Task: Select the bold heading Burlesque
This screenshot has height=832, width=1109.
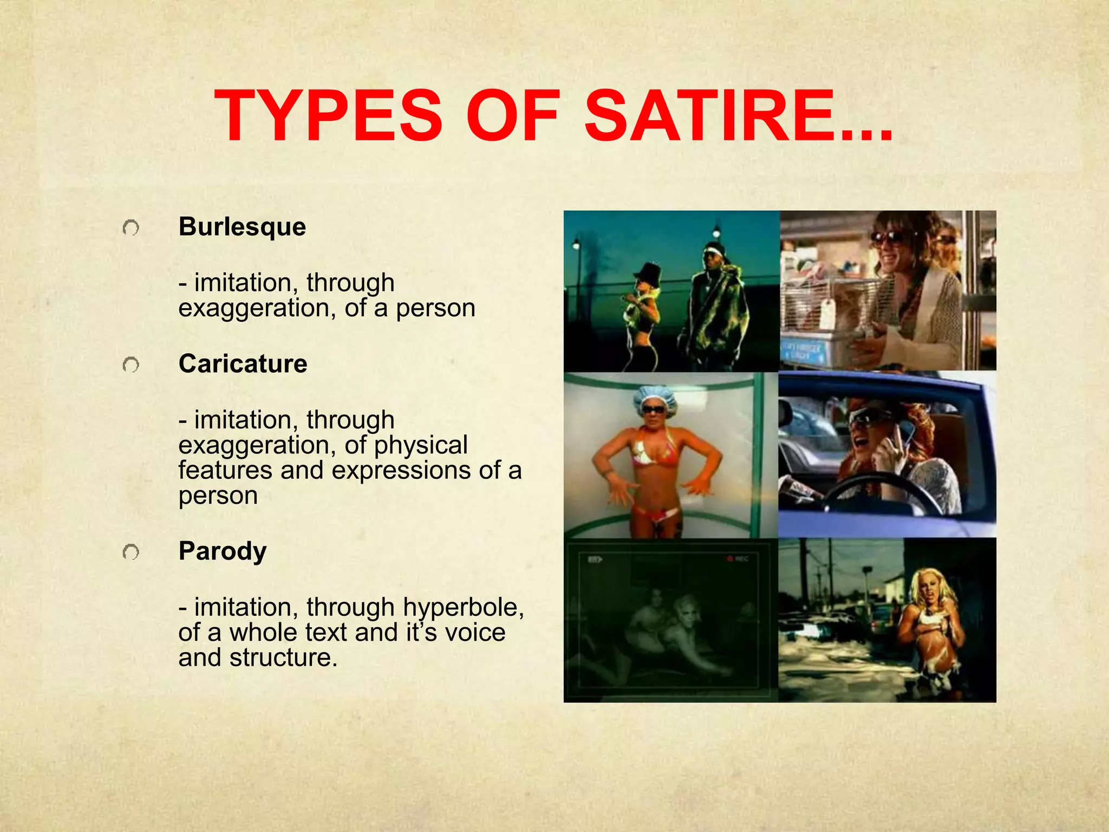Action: (x=242, y=226)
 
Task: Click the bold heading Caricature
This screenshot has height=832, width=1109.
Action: (x=243, y=363)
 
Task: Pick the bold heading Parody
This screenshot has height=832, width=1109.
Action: (x=223, y=551)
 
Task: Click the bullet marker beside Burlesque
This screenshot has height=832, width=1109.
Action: (x=131, y=228)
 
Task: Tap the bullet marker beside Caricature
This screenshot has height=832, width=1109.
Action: (x=131, y=366)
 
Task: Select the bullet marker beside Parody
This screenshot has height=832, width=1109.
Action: (x=131, y=552)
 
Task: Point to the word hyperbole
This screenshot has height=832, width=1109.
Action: (x=463, y=608)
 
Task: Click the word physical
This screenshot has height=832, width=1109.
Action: (x=420, y=445)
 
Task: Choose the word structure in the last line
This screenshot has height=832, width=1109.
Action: (x=283, y=658)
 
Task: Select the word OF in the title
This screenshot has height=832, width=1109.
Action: (x=512, y=116)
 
